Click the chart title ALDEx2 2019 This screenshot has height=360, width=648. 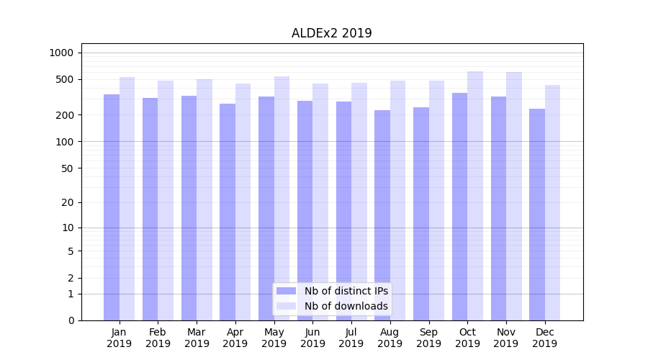[x=331, y=33]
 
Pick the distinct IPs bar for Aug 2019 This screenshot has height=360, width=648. [x=382, y=215]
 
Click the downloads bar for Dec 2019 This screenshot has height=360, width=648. [x=552, y=202]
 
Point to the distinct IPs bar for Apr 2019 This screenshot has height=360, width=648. [x=228, y=212]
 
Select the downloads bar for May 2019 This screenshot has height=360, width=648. [x=282, y=198]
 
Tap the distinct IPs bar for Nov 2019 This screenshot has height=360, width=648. [x=498, y=208]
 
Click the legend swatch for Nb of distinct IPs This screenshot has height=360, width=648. [x=286, y=291]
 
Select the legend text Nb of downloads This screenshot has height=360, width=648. [x=346, y=306]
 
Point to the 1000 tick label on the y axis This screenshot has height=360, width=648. [x=61, y=53]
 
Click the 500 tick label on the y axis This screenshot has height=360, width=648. [x=65, y=79]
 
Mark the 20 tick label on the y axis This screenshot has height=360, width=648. [x=68, y=202]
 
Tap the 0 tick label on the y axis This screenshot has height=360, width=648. [x=71, y=320]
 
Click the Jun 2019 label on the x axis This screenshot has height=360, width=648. [x=312, y=338]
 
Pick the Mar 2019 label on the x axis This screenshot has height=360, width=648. [x=197, y=338]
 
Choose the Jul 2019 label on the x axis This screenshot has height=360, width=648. [x=351, y=338]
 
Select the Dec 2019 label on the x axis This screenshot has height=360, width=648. [x=544, y=338]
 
